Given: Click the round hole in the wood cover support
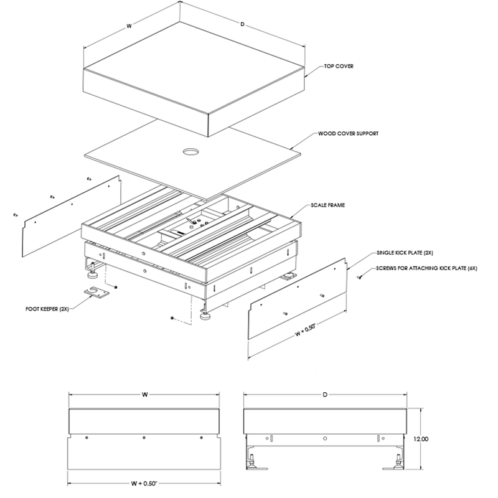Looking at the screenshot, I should click(x=190, y=151).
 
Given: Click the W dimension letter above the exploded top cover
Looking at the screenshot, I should click(x=129, y=27).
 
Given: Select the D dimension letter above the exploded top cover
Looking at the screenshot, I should click(x=242, y=25).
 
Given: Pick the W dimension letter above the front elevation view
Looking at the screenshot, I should click(x=144, y=395).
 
